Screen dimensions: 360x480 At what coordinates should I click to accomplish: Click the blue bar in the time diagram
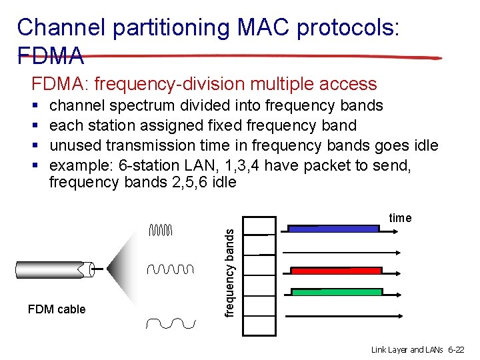click(x=333, y=228)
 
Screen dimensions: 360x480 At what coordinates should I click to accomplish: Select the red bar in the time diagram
click(x=336, y=271)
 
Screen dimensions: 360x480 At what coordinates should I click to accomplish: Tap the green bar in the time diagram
click(x=336, y=292)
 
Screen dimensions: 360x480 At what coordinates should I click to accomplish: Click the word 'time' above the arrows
click(x=400, y=218)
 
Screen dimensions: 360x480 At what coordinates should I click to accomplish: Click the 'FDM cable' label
click(x=57, y=309)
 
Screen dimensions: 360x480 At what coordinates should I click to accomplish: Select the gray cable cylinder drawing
click(x=53, y=270)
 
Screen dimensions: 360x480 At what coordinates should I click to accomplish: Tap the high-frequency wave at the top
click(x=161, y=231)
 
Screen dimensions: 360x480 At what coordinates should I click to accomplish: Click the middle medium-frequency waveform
click(x=170, y=269)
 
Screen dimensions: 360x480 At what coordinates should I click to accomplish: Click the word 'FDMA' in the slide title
click(x=51, y=55)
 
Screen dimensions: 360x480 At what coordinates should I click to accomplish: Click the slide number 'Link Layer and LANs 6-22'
click(x=418, y=349)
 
